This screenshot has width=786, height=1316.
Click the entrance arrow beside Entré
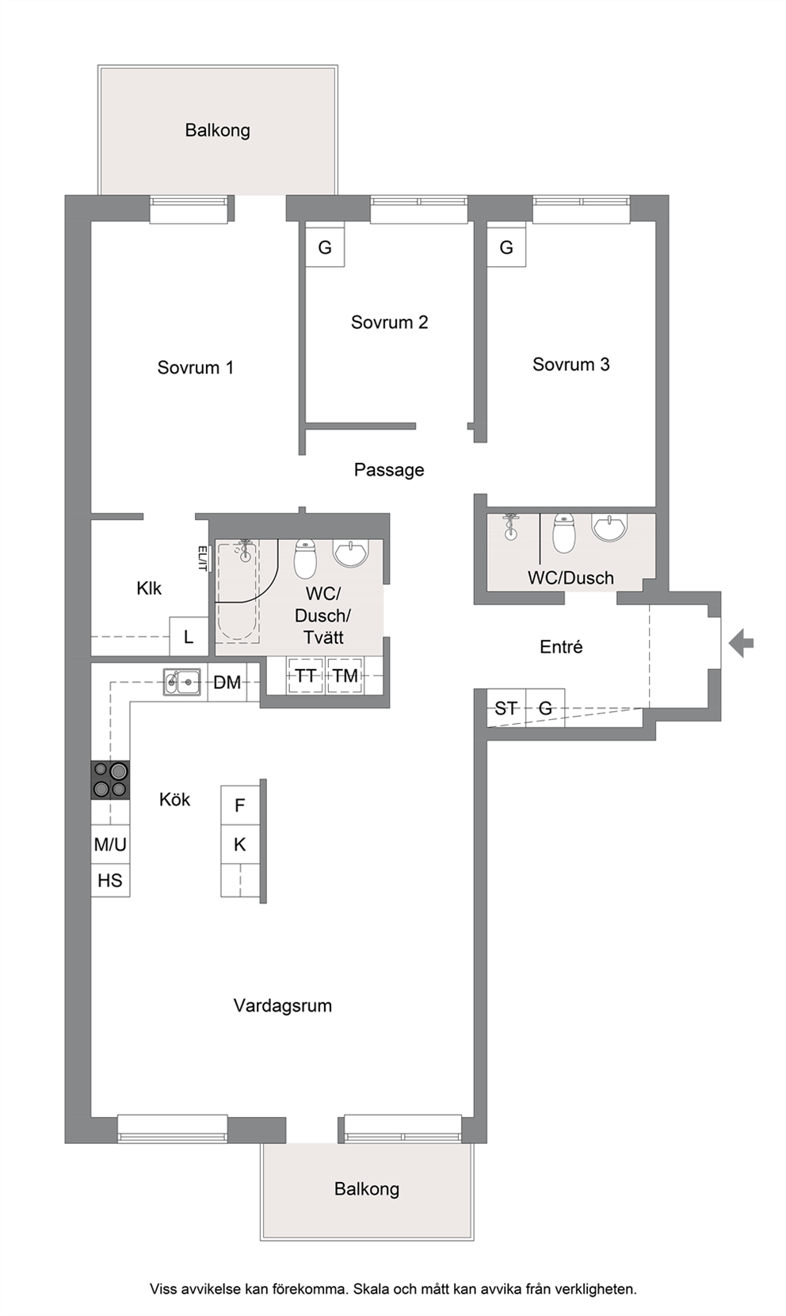[741, 642]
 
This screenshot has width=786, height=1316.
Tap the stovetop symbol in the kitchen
[110, 780]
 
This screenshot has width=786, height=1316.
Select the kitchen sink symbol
[182, 682]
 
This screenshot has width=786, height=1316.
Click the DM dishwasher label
[227, 682]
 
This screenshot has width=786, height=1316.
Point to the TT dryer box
[305, 675]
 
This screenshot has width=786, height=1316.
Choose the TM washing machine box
[345, 675]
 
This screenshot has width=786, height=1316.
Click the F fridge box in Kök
[239, 805]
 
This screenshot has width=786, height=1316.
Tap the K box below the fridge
[239, 844]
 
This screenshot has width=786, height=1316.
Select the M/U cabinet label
[110, 844]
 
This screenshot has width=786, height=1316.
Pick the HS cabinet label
[110, 880]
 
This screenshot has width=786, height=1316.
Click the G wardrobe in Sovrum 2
[325, 247]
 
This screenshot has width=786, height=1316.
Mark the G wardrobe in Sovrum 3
[506, 247]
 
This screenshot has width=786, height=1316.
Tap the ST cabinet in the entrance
[506, 708]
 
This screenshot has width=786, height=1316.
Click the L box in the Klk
[189, 637]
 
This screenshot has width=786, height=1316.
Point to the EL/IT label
[203, 558]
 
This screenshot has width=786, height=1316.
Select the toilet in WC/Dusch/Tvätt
[305, 558]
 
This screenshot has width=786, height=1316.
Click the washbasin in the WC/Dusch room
[609, 527]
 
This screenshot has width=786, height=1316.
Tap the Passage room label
[389, 470]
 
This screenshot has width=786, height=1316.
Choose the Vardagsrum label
[283, 1005]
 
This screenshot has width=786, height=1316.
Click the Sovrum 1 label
[196, 368]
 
